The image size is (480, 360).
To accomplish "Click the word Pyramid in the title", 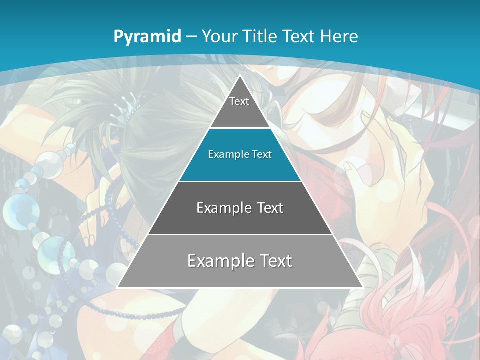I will pos(147,37).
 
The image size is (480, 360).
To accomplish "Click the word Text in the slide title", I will pos(300,36).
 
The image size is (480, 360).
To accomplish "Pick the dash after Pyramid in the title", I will pos(191,37).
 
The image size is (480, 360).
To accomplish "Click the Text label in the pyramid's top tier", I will pos(239,101).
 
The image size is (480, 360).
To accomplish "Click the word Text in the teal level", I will pos(262,154).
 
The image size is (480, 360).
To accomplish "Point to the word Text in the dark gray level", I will pos(271,208).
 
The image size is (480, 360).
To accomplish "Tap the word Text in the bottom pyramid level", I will pos(275,261).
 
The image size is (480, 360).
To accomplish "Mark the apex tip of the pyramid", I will pos(240,76).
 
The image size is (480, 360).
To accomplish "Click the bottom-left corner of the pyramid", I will pos(118,287).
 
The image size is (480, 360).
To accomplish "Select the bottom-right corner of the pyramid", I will pos(362,287).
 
